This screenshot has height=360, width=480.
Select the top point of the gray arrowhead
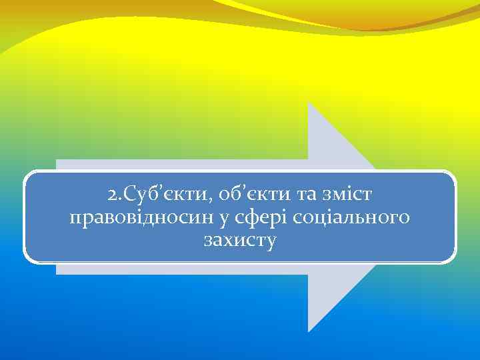click(309, 104)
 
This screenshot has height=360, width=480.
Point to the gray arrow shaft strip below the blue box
click(180, 269)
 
